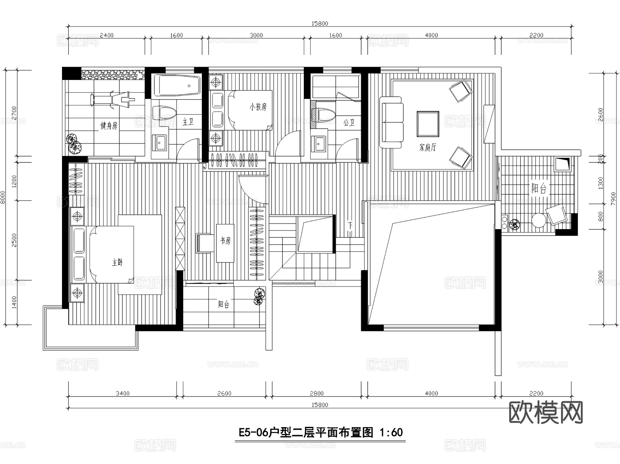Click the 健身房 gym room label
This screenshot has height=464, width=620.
(x=109, y=126)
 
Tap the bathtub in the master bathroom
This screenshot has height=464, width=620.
(x=176, y=85)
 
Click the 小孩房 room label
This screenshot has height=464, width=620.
(x=258, y=107)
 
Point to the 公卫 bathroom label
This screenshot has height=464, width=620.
(x=349, y=123)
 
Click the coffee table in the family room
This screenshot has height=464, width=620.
(x=428, y=124)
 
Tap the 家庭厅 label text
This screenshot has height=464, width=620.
(x=427, y=148)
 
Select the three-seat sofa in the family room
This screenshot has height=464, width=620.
(x=391, y=122)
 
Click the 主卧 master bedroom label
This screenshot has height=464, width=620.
(x=117, y=262)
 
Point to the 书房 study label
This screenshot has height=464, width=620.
(x=225, y=241)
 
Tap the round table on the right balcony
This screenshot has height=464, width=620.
(x=539, y=220)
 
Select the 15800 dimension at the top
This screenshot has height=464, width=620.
(x=320, y=24)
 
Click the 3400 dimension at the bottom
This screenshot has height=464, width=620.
(x=122, y=393)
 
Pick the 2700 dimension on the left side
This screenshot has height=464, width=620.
(x=14, y=113)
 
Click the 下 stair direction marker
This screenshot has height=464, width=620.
(x=350, y=226)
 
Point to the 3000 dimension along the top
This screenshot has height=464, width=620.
(x=256, y=35)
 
